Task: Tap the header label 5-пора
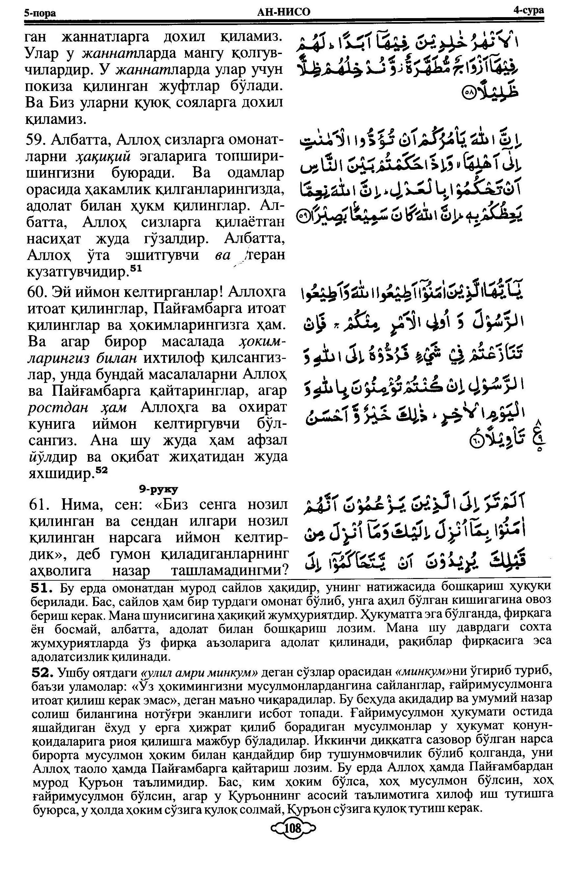click(x=40, y=13)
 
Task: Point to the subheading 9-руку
click(x=158, y=489)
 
